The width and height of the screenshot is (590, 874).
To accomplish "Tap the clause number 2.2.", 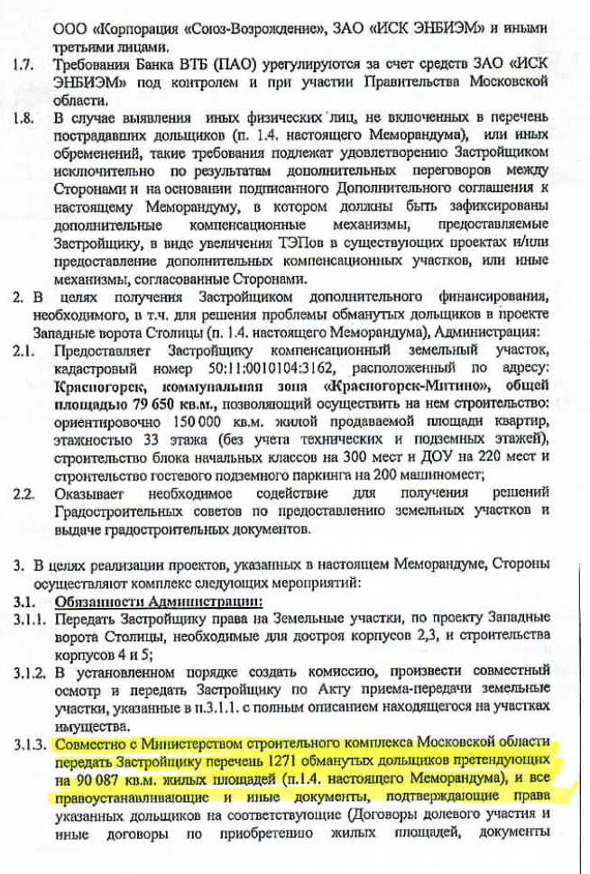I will coord(23,493).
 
